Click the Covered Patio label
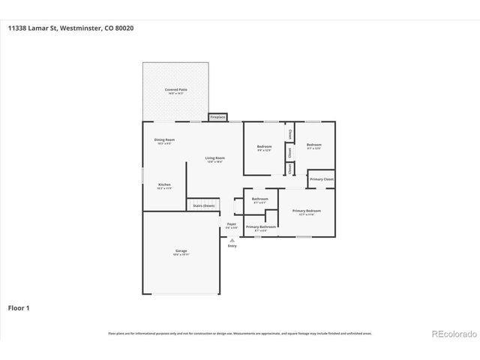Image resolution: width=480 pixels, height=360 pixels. tap(176, 89)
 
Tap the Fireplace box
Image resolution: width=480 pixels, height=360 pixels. tap(217, 118)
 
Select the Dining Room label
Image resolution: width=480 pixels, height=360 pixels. tap(164, 140)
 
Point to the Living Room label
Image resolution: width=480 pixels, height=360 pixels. tap(215, 157)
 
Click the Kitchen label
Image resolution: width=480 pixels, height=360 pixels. tap(164, 184)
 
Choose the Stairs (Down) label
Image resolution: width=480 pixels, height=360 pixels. tap(204, 205)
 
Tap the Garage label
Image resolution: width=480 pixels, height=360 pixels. tap(181, 250)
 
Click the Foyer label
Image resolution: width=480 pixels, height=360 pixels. tap(232, 223)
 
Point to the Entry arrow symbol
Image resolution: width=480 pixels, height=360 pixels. tap(232, 240)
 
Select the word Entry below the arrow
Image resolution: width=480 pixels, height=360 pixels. tap(232, 246)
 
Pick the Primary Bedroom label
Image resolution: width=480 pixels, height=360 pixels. tap(307, 211)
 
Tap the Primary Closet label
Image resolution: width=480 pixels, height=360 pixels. tap(322, 180)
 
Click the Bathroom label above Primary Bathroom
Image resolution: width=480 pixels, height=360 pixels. tap(260, 199)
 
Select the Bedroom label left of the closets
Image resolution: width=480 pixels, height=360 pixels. tap(264, 145)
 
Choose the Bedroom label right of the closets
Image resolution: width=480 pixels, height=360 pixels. tap(313, 144)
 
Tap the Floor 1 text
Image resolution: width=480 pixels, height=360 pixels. tap(19, 307)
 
